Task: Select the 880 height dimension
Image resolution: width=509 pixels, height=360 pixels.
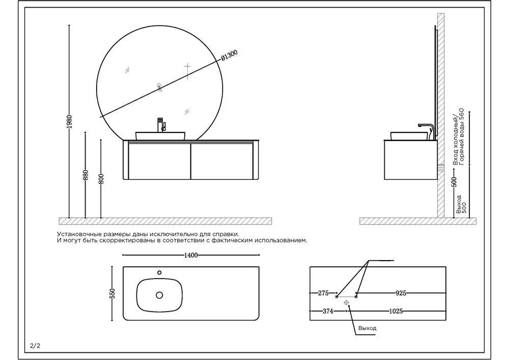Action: pos(86,175)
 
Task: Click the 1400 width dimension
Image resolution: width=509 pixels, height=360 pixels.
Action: pos(191,255)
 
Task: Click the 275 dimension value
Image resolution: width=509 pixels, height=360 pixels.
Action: pos(323,293)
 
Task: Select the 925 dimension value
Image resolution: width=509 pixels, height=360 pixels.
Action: pos(401,293)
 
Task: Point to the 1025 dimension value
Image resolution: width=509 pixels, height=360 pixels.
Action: pos(397,311)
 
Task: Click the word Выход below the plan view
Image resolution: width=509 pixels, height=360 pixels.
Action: pos(367,328)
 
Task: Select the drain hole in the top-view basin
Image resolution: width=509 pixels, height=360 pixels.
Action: pos(159,295)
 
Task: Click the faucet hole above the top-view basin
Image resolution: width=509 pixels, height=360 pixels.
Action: pos(159,272)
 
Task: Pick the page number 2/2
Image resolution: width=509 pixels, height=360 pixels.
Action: pos(35,346)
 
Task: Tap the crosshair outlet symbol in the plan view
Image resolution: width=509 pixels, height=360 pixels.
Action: pos(347,302)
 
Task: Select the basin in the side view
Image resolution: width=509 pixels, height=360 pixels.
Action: pos(409,136)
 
